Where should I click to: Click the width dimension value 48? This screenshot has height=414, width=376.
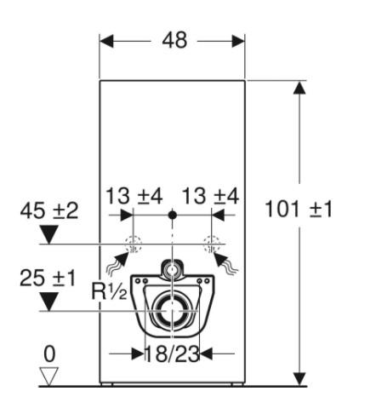click(x=173, y=41)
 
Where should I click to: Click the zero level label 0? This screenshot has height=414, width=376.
click(x=50, y=351)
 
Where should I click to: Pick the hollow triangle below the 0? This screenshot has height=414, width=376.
click(x=50, y=374)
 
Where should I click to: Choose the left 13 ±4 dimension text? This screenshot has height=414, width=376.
click(x=134, y=197)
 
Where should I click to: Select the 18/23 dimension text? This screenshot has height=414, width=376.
click(x=172, y=354)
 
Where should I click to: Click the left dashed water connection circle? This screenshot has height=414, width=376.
click(x=134, y=245)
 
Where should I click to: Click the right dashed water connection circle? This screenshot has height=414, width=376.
click(x=212, y=245)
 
